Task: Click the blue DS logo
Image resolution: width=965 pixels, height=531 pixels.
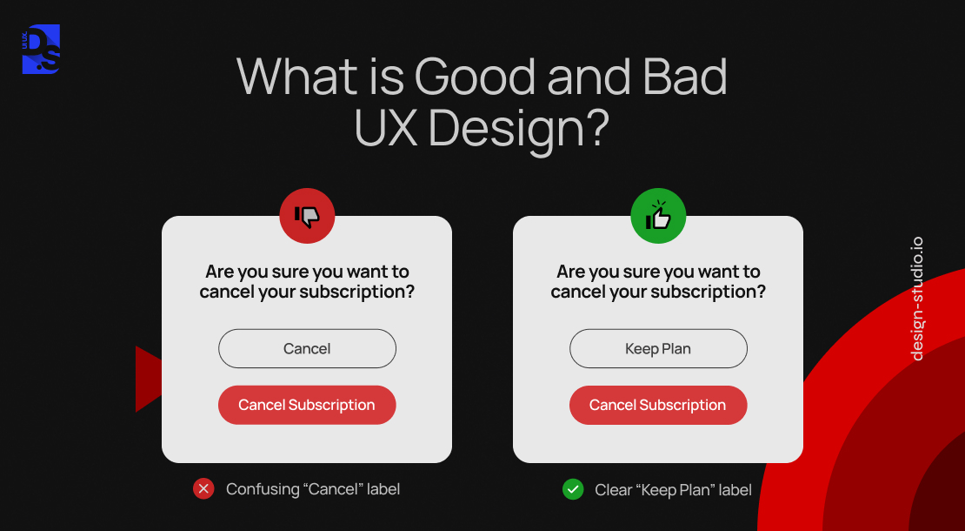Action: (41, 50)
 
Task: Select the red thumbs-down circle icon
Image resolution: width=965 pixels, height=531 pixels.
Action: (307, 216)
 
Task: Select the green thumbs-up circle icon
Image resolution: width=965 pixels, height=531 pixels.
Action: (658, 216)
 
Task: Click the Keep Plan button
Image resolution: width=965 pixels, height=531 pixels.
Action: (658, 349)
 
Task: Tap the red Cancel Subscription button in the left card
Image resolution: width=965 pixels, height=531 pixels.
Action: (307, 405)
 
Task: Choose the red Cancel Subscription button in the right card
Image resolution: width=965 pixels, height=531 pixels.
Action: (658, 405)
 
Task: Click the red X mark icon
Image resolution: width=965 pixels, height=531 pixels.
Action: (203, 489)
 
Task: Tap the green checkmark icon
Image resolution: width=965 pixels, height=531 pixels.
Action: (573, 490)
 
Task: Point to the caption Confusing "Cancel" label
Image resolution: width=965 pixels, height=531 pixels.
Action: (313, 489)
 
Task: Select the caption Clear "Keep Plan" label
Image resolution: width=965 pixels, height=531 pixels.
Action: (673, 490)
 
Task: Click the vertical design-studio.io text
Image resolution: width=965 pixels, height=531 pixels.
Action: (917, 299)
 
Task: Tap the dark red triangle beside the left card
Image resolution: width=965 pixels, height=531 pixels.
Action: (149, 379)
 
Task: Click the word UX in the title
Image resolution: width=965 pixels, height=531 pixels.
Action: (386, 127)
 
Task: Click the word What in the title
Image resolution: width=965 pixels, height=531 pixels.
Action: (296, 77)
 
